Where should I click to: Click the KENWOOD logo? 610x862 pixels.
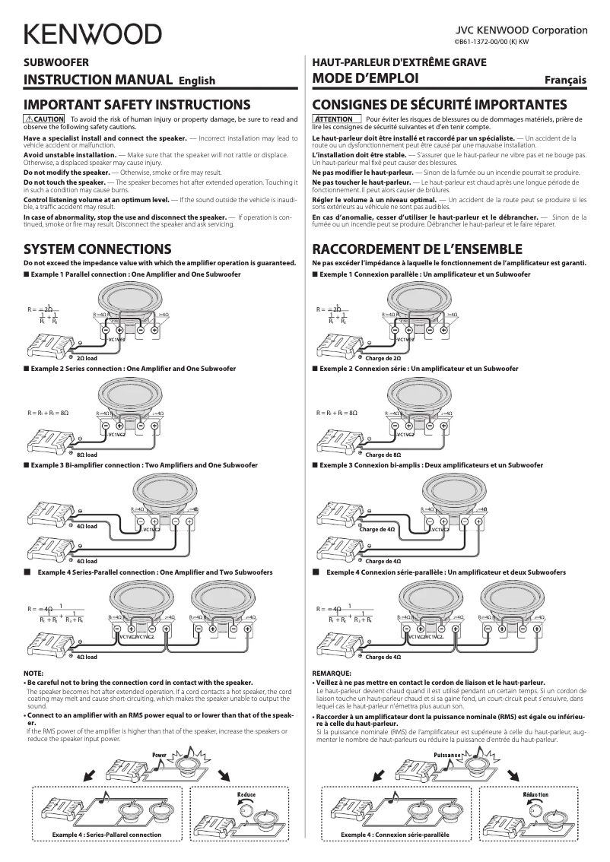coord(92,34)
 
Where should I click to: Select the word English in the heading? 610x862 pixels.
coord(197,81)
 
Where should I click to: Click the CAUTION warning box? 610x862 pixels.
coord(44,119)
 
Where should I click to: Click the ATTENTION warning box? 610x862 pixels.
coord(335,119)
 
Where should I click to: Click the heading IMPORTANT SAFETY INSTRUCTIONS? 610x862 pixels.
coord(137,104)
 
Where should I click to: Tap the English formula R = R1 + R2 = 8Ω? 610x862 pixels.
coord(48,413)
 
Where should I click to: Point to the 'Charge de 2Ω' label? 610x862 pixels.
coord(383,357)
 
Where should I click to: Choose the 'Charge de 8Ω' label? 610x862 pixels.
coord(383,454)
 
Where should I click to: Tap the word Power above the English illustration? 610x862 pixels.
coord(159,755)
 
